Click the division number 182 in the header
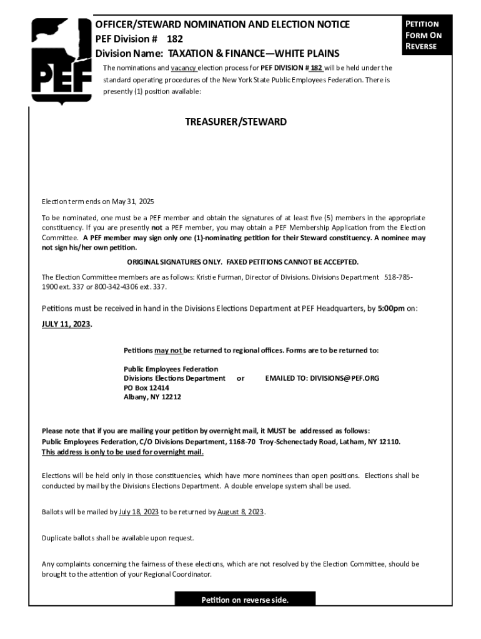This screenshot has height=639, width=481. [x=174, y=39]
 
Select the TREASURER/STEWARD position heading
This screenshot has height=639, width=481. [x=236, y=122]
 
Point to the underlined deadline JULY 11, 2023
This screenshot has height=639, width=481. [x=66, y=325]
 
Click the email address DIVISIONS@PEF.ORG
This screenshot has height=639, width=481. [x=322, y=378]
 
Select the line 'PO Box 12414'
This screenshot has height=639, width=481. [x=146, y=388]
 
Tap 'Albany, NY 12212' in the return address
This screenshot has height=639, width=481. [x=152, y=397]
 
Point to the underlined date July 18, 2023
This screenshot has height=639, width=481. [x=139, y=512]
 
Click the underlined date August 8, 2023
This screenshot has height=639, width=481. [x=241, y=512]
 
